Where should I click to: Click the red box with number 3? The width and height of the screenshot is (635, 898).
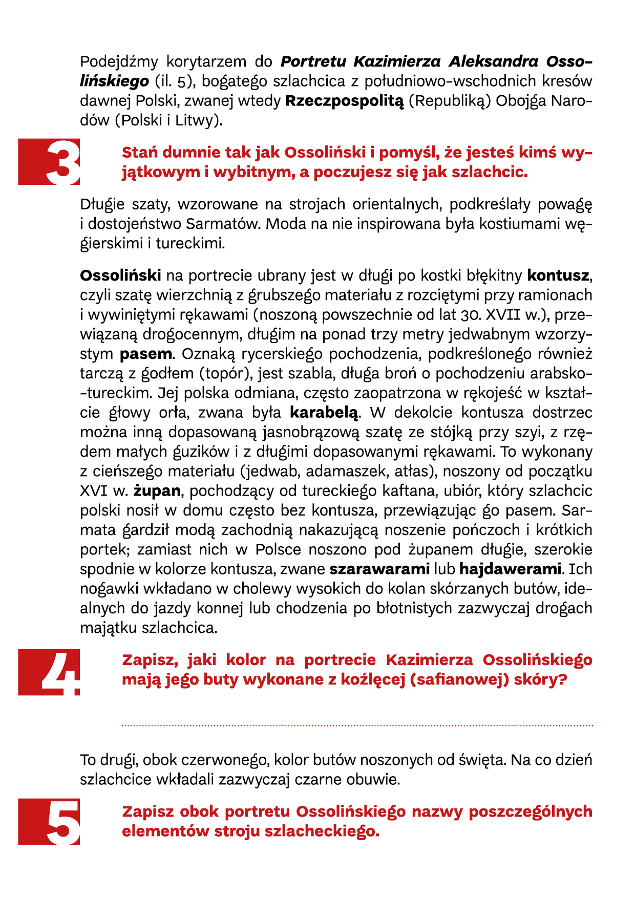(x=50, y=162)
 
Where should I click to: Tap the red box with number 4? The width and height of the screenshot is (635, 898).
(x=50, y=672)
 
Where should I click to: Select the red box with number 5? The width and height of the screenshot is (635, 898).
(x=50, y=821)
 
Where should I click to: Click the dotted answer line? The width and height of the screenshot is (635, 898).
(x=357, y=725)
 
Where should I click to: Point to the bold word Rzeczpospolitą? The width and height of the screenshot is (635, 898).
(x=345, y=101)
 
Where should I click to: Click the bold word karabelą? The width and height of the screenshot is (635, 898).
(x=325, y=412)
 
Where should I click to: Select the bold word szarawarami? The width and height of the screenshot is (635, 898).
(x=379, y=569)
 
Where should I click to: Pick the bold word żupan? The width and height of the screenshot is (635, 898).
(x=157, y=491)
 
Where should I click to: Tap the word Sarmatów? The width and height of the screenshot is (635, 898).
(x=222, y=224)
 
